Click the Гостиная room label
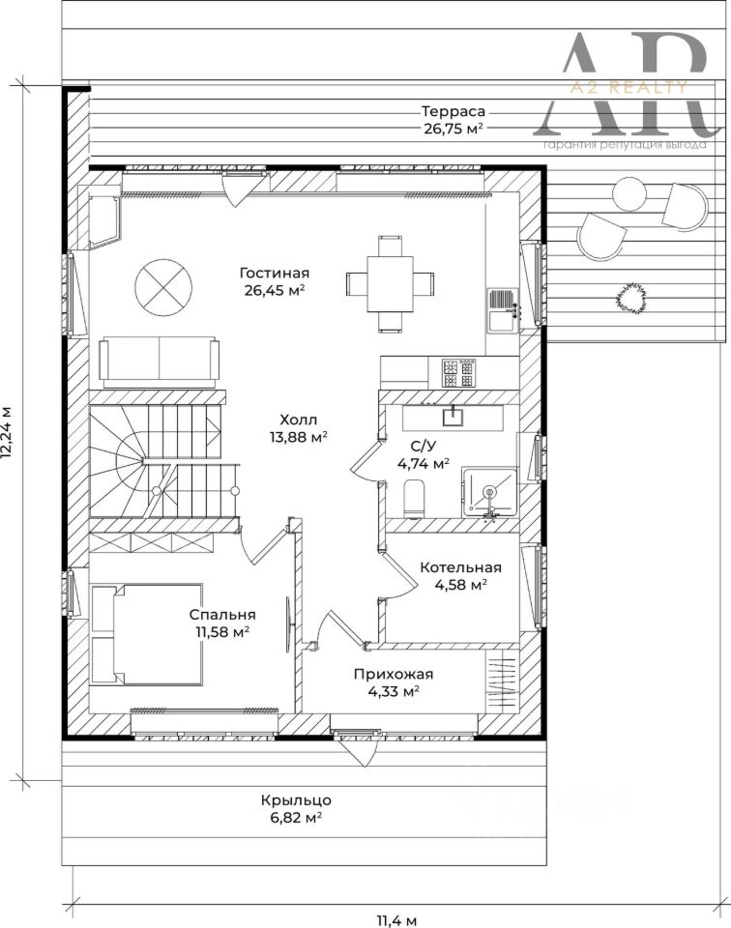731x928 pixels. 275,273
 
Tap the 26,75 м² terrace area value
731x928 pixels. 453,129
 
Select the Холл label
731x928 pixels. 299,420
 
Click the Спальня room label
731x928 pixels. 222,615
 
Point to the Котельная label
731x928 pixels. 460,567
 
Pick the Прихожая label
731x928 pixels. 394,674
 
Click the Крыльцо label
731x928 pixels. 296,800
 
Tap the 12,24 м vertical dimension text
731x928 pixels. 7,432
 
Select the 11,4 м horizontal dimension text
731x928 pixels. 397,921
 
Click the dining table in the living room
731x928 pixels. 390,283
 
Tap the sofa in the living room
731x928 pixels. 160,362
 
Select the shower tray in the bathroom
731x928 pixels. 490,491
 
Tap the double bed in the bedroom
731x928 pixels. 148,634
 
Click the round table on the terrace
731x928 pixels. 629,194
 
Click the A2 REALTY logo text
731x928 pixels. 628,88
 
